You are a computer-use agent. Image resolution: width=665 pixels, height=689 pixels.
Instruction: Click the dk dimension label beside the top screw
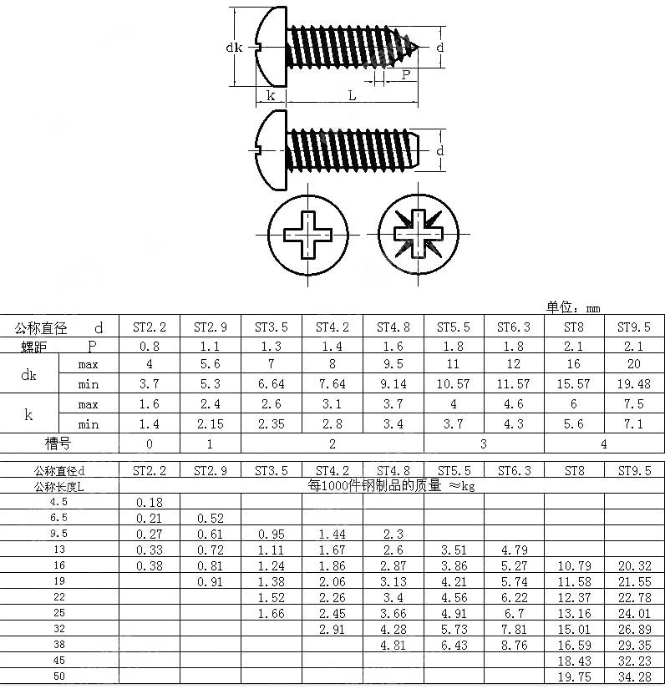pyautogui.click(x=234, y=48)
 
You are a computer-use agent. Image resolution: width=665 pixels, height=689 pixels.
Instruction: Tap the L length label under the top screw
pyautogui.click(x=352, y=95)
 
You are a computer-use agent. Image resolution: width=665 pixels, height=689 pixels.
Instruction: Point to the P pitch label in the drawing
pyautogui.click(x=405, y=75)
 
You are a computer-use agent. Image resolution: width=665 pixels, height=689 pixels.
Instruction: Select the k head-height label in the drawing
pyautogui.click(x=271, y=95)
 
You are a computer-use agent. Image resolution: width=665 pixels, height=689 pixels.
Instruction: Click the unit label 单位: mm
pyautogui.click(x=573, y=307)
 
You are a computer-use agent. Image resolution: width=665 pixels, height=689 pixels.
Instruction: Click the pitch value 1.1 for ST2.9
pyautogui.click(x=211, y=346)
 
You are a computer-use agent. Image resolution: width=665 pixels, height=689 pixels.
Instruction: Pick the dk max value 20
pyautogui.click(x=634, y=364)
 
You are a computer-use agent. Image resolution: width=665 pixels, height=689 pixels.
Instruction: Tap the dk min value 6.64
pyautogui.click(x=272, y=384)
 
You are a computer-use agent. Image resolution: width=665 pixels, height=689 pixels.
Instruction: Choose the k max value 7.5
pyautogui.click(x=634, y=404)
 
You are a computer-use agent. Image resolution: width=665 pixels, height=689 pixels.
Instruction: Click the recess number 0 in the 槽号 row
pyautogui.click(x=150, y=443)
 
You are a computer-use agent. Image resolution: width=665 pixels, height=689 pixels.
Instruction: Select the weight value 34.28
pyautogui.click(x=634, y=676)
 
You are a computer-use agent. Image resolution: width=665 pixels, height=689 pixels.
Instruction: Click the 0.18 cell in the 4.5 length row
pyautogui.click(x=150, y=502)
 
